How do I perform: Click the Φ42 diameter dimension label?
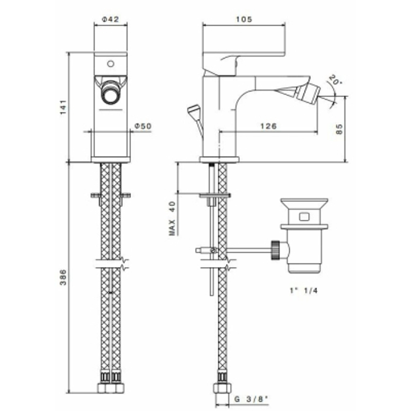coord(110,19)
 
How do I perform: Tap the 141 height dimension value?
coord(63,107)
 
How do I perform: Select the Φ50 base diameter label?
coord(143,126)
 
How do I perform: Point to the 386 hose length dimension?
coord(64,277)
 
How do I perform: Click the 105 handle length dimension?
coord(244,19)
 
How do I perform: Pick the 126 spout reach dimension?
coord(268,126)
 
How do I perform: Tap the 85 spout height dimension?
coord(339,129)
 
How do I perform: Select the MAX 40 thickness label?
coord(172,218)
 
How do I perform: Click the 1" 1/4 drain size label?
coord(304,291)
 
